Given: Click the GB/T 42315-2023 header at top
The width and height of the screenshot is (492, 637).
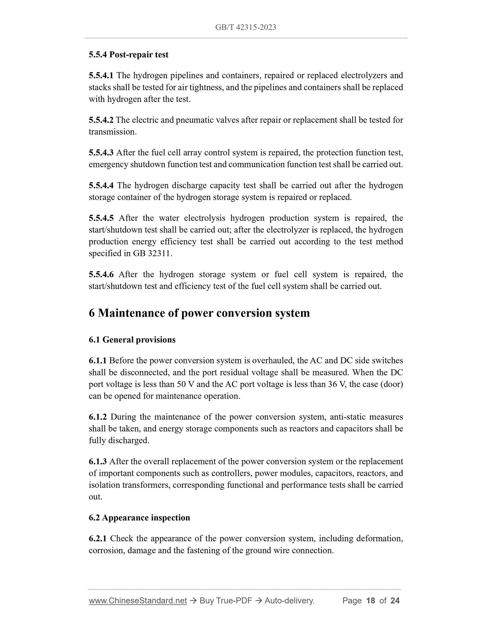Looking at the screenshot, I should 245,28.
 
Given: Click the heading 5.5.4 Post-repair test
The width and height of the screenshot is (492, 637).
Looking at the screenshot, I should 128,55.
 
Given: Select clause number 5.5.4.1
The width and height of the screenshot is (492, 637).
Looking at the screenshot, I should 101,75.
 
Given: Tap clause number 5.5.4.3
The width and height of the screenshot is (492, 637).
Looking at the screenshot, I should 101,153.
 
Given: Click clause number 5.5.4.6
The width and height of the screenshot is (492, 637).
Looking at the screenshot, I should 101,275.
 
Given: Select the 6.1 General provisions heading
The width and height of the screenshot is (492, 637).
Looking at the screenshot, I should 132,340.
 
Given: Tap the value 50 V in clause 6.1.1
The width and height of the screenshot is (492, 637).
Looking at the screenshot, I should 186,384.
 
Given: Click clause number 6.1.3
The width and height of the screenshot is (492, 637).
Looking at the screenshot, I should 98,462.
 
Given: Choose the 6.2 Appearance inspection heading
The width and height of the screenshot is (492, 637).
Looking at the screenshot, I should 139,518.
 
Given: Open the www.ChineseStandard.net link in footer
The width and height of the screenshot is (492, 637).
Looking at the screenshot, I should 138,601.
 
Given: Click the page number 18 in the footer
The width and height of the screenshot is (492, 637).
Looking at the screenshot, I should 370,601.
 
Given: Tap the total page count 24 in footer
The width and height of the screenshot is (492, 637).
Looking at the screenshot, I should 395,601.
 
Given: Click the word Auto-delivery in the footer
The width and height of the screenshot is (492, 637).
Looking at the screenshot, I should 289,601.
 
